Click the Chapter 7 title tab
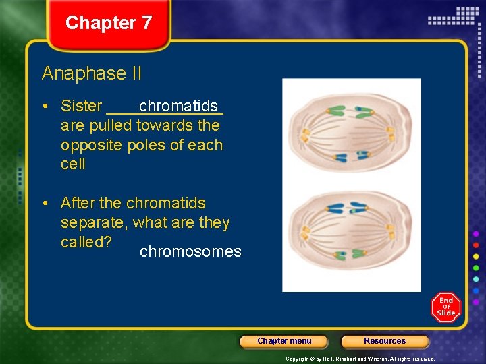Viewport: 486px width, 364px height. click(x=109, y=23)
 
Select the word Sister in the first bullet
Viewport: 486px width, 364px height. click(x=81, y=106)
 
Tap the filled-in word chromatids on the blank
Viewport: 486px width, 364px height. click(x=178, y=106)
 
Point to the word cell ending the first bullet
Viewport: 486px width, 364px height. click(x=73, y=164)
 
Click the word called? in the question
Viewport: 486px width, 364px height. click(x=86, y=242)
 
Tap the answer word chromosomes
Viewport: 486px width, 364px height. click(x=190, y=252)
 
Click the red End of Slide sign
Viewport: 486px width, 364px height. click(x=446, y=307)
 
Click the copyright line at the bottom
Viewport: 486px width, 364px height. click(x=360, y=359)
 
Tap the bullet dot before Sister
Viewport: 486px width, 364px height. click(x=46, y=107)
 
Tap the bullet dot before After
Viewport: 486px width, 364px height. click(x=46, y=204)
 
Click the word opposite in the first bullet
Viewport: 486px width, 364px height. click(x=87, y=145)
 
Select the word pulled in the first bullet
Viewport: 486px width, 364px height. click(x=110, y=125)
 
